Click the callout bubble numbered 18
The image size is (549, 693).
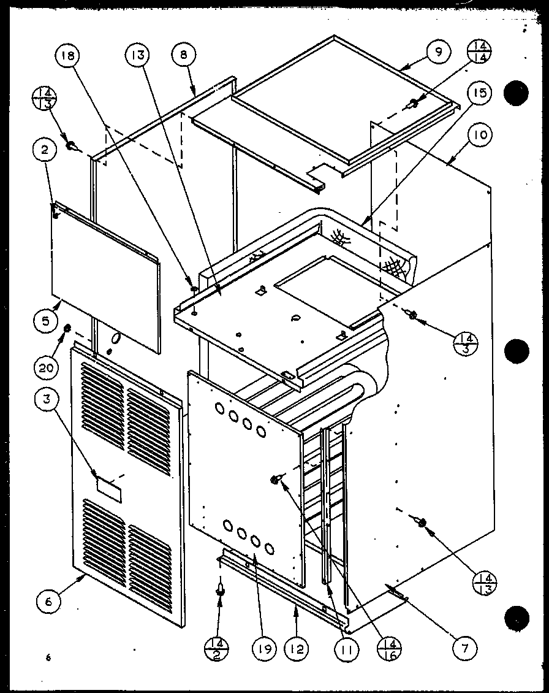click(67, 56)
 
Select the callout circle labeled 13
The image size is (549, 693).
click(137, 56)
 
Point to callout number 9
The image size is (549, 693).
click(439, 52)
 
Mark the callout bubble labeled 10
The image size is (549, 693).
click(481, 135)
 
